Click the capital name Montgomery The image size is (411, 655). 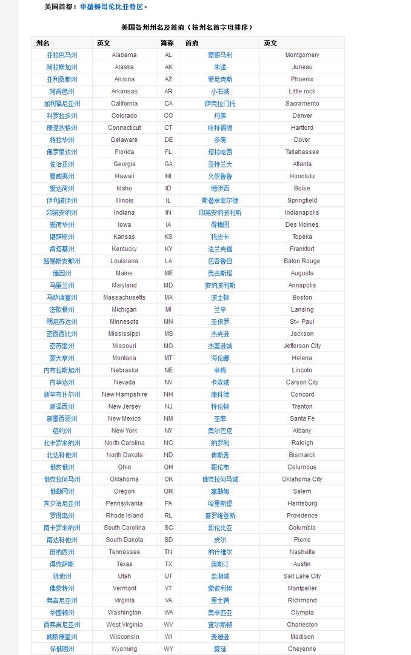[x=302, y=55]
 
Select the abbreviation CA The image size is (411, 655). [x=169, y=104]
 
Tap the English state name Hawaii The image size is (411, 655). [x=124, y=176]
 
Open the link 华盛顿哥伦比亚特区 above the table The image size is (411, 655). [x=113, y=7]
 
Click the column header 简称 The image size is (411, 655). [x=167, y=43]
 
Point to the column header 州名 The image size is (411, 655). [x=43, y=43]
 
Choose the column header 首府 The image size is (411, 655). [x=192, y=43]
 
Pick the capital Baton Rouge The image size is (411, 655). [x=302, y=261]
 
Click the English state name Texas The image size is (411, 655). [x=124, y=564]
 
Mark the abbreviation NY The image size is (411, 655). [x=169, y=431]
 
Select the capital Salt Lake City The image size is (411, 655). [x=302, y=576]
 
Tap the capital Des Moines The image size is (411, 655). [x=302, y=225]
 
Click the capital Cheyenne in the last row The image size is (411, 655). [x=302, y=649]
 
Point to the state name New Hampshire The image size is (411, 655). [x=124, y=394]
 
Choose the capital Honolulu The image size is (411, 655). [x=302, y=176]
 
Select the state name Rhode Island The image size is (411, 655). [x=124, y=516]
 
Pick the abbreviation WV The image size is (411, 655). [x=169, y=625]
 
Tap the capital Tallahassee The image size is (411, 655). [x=302, y=152]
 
